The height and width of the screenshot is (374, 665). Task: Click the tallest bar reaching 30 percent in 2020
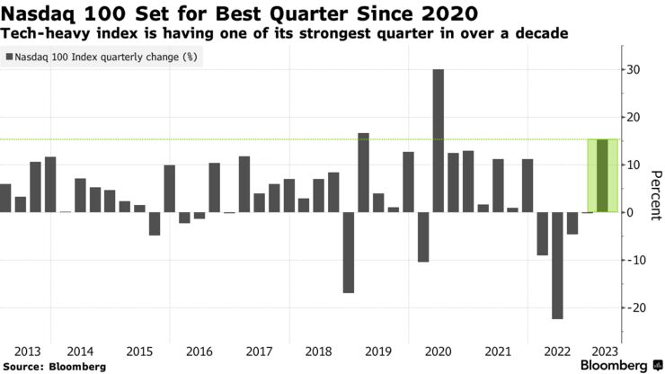coord(438,140)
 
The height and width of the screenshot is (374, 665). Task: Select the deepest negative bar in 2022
coord(557,265)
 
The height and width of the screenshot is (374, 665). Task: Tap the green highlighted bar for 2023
coord(602,176)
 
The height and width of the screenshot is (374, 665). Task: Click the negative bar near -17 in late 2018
coord(349,253)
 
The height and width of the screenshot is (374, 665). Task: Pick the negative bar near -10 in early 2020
coord(423,236)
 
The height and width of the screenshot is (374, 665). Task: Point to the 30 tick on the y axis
coord(634,70)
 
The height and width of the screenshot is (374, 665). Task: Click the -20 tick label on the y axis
coord(636,307)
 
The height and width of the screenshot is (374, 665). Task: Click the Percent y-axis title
coord(655,195)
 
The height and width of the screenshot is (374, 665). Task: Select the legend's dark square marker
coord(10,57)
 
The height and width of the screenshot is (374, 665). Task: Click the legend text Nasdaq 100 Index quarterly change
coord(106,57)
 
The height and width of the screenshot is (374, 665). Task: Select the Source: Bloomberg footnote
coord(54,367)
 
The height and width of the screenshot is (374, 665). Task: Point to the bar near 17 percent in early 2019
coord(364,173)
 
